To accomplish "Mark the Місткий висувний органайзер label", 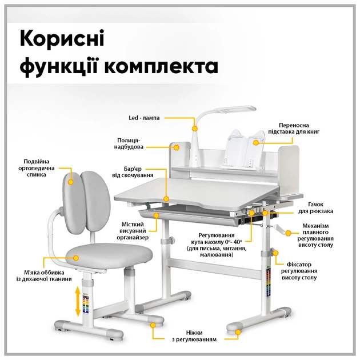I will pyautogui.click(x=135, y=230).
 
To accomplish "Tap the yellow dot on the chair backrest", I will pyautogui.click(x=71, y=182).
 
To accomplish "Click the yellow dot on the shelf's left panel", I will pyautogui.click(x=177, y=147).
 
